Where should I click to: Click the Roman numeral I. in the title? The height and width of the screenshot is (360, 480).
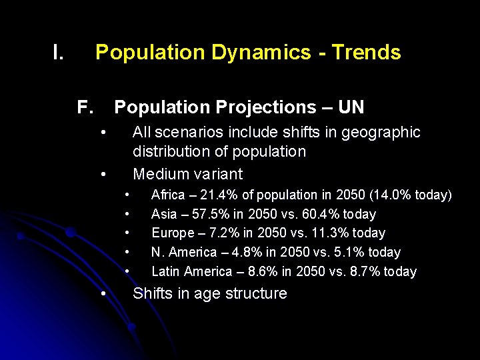tap(58, 52)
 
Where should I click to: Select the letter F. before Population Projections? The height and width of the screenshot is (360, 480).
tap(85, 107)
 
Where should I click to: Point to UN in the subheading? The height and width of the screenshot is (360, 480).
tap(351, 107)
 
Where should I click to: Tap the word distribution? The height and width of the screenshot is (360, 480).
tap(171, 151)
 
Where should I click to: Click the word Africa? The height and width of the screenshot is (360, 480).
tap(168, 195)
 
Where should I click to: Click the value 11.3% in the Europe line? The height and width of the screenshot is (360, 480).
tap(321, 233)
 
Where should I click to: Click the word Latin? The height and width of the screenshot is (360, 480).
tap(165, 271)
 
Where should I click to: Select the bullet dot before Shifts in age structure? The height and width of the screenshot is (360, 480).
tap(103, 293)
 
